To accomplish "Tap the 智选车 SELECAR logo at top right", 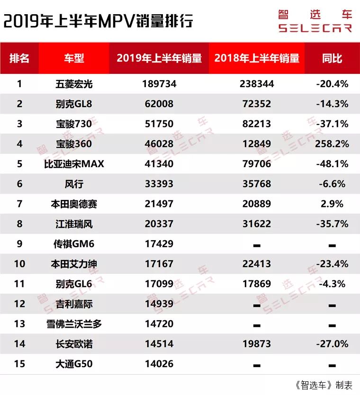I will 315,21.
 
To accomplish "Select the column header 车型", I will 74,58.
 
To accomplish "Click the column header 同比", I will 332,58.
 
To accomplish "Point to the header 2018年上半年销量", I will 257,58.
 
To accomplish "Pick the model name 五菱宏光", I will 74,84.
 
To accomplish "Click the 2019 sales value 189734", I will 159,84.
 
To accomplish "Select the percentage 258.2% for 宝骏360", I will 332,144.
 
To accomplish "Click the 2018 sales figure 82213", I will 257,124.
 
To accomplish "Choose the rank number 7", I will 19,204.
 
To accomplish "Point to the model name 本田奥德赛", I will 74,204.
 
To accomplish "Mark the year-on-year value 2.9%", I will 332,204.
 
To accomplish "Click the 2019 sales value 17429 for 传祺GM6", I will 159,244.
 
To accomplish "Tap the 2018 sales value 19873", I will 257,344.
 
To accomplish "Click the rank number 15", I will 19,364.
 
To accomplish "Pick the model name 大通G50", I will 74,364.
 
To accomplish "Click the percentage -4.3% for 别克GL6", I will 332,284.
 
